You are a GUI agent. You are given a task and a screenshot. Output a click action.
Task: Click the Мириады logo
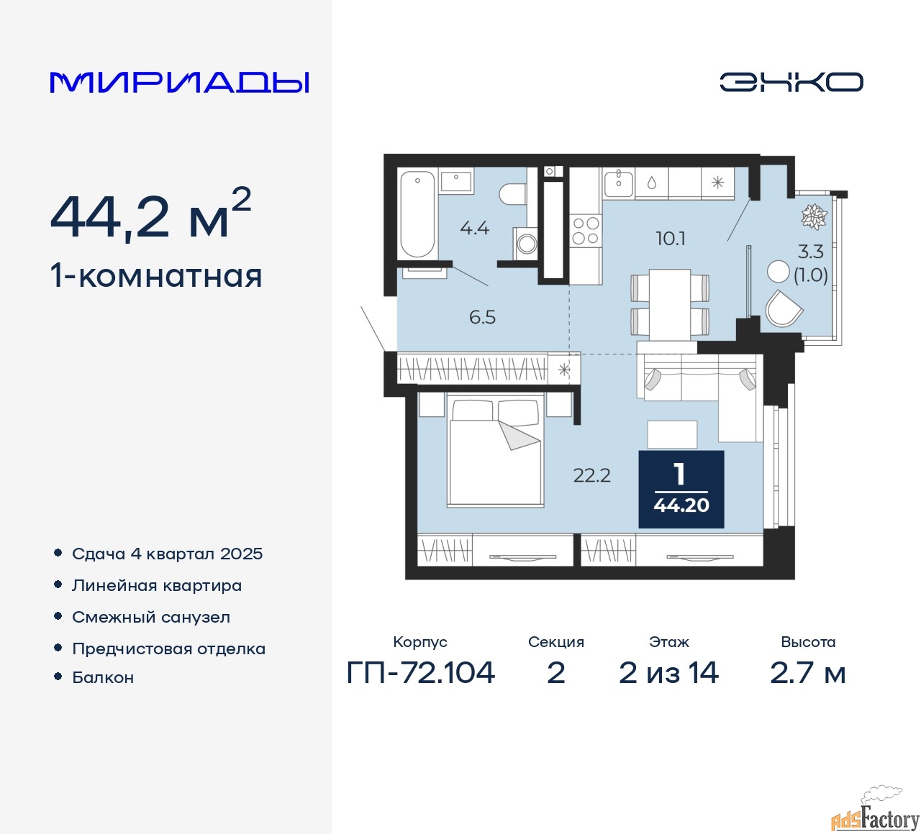click(x=180, y=82)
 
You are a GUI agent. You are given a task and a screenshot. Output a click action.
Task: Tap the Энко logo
click(x=791, y=82)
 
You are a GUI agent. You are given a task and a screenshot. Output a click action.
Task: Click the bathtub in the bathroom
click(x=417, y=214)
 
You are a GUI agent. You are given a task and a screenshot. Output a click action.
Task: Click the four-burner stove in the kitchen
click(x=585, y=231)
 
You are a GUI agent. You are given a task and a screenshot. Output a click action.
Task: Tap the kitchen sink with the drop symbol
click(x=651, y=183)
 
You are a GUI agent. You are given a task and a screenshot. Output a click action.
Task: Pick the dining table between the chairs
click(x=670, y=304)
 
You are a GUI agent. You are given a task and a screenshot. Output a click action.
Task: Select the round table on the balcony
click(x=778, y=271)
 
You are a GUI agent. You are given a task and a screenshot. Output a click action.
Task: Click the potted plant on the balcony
click(x=814, y=216)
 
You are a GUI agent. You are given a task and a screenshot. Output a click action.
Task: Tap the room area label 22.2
click(x=591, y=475)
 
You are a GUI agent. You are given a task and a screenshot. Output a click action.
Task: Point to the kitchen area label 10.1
click(x=670, y=239)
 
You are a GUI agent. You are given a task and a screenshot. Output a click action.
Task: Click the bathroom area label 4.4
click(x=474, y=229)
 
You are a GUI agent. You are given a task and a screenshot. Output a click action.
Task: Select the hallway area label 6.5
click(x=482, y=317)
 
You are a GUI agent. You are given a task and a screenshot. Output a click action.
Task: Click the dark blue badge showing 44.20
click(x=681, y=489)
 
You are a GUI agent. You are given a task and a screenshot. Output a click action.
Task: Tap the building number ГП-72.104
click(x=421, y=673)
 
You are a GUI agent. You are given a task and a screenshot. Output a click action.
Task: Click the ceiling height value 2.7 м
click(x=807, y=673)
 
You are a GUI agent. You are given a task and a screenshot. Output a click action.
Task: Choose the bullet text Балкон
click(x=103, y=678)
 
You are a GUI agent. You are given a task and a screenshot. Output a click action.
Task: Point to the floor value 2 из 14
click(x=668, y=673)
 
